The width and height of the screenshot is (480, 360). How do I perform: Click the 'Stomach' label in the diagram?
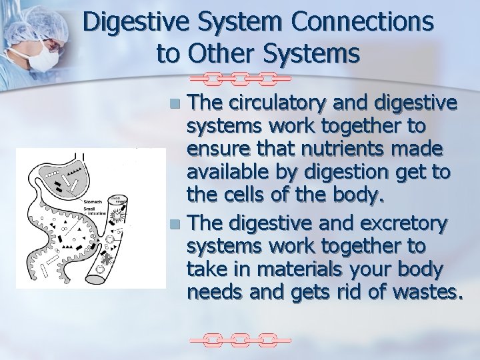tap(93, 200)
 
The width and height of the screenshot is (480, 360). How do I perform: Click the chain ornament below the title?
tap(240, 79)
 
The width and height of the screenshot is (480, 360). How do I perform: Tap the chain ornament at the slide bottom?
tap(240, 341)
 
